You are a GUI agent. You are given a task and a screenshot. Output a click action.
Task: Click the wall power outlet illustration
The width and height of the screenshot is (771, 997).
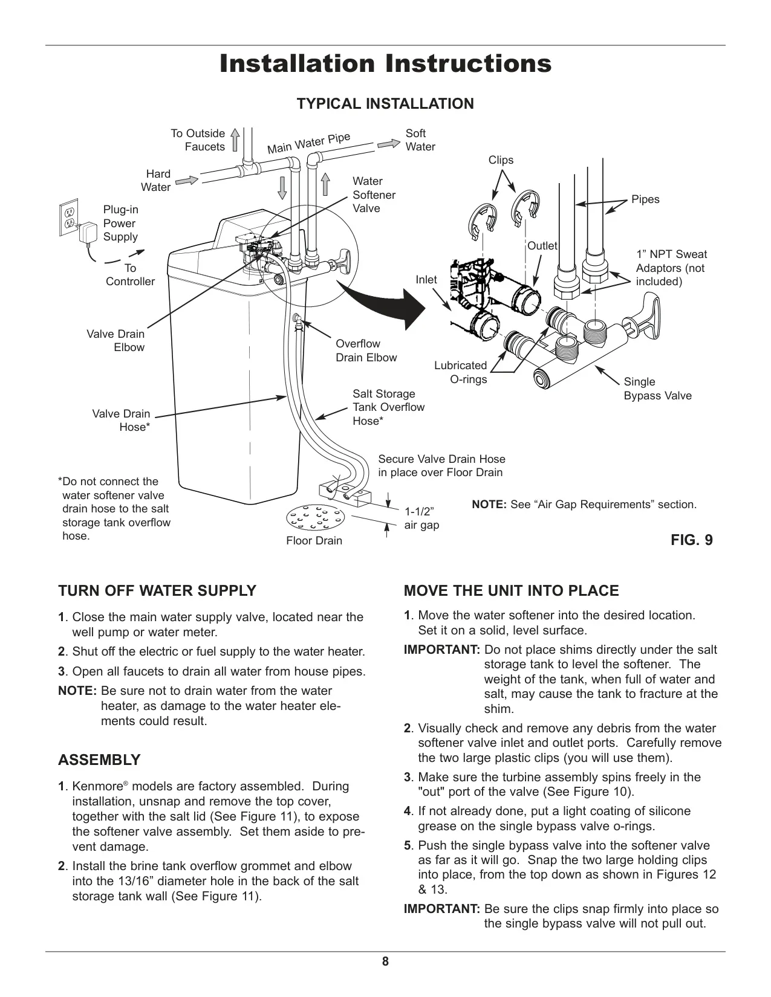68,218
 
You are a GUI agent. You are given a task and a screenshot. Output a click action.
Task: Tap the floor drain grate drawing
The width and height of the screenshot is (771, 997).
315,518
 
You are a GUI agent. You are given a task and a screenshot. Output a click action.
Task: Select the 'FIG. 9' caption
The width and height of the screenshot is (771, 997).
692,540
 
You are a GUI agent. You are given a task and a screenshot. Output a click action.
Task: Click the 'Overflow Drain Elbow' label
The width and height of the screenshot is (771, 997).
366,350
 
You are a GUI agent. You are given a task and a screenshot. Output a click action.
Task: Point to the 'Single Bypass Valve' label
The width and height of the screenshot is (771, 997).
657,389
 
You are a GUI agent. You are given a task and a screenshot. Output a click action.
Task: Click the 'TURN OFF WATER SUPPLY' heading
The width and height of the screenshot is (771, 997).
157,590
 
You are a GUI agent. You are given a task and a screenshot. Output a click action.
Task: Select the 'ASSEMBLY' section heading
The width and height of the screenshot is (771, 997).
99,760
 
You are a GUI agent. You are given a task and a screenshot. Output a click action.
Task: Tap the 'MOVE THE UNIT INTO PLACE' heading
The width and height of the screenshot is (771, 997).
511,590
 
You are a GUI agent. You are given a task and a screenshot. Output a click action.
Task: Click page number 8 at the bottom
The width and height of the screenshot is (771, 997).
385,961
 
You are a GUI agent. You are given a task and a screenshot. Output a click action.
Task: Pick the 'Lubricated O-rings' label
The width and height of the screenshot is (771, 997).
461,372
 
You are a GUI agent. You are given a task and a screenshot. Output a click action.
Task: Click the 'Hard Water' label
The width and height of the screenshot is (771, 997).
155,180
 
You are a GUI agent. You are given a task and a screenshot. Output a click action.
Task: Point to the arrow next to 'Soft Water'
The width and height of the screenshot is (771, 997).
388,144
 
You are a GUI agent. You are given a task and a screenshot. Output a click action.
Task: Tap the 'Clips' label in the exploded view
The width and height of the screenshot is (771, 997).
501,160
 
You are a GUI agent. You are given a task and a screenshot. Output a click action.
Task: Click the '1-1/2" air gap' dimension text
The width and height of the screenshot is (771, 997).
421,518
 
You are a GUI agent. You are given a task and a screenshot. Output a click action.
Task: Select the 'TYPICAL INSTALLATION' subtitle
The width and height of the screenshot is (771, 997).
385,104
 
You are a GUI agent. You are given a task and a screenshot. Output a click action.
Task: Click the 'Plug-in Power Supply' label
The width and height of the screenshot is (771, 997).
120,223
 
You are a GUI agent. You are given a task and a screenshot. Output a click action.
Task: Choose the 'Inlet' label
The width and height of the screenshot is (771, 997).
426,279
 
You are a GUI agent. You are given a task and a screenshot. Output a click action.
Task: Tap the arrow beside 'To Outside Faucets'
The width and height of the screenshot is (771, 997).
235,140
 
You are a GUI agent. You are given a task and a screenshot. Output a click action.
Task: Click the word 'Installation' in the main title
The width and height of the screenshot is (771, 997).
297,63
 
